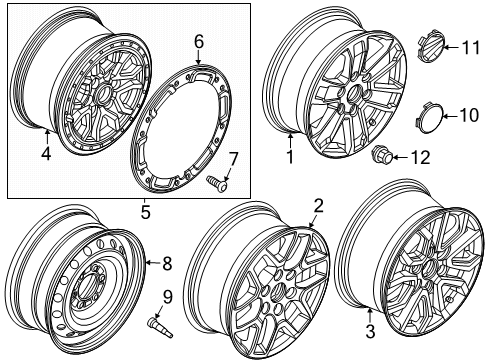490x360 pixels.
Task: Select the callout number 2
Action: click(x=318, y=235)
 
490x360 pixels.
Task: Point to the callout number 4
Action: click(x=46, y=154)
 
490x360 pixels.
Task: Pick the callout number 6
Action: click(x=198, y=41)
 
